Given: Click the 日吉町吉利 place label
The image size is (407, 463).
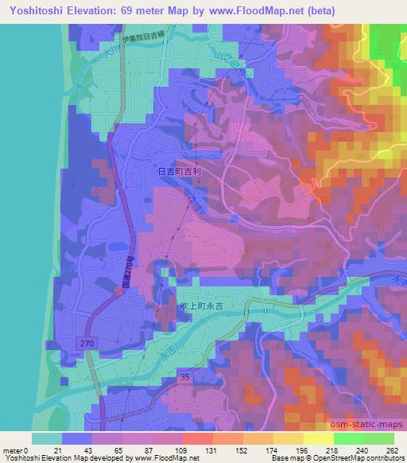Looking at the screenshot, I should (175, 169).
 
